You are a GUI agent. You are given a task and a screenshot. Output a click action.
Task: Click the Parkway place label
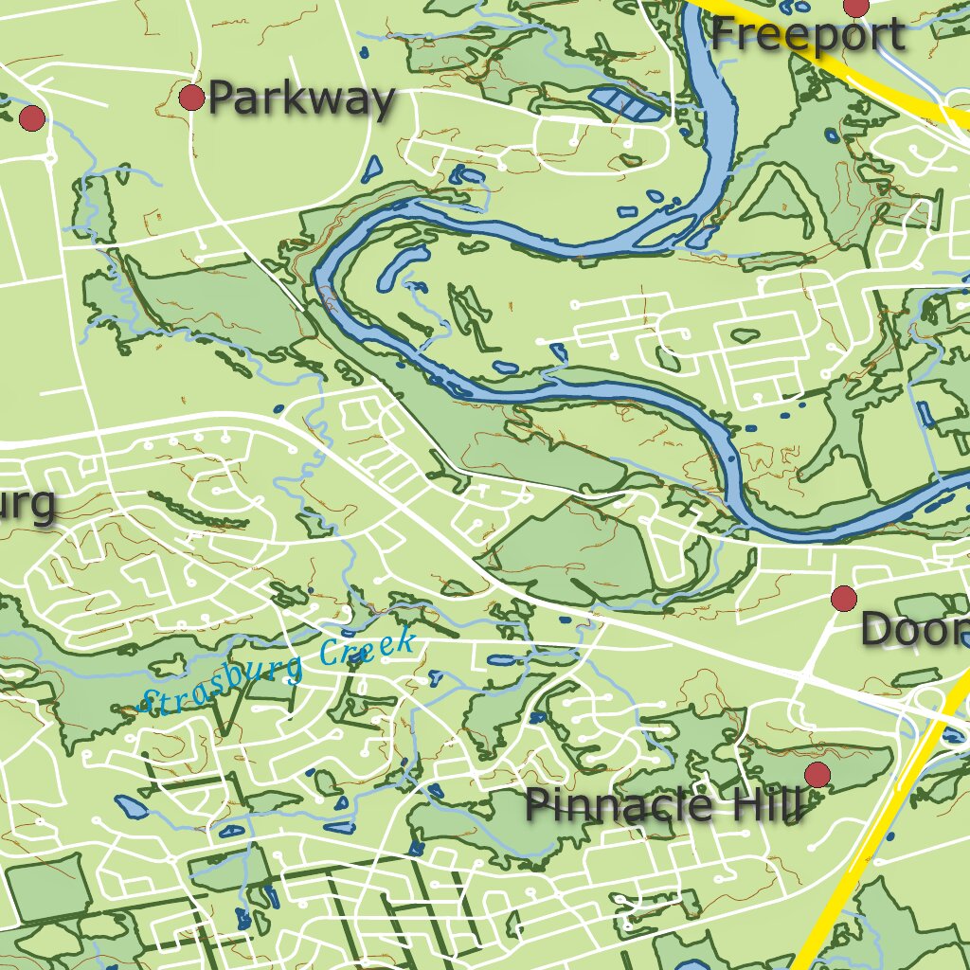point(300,99)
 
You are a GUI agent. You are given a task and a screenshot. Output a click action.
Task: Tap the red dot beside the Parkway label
point(191,97)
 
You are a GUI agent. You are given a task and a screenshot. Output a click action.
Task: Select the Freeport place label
point(807,36)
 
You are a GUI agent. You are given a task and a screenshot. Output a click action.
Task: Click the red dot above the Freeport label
point(856,7)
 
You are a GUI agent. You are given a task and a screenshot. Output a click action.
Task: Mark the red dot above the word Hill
point(817,775)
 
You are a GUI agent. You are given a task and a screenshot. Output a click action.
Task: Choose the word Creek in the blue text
point(368,649)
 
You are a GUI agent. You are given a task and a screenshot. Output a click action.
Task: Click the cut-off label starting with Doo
point(914,630)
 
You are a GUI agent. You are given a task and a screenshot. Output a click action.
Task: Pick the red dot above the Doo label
point(843,598)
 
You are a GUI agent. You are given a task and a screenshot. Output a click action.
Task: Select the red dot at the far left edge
point(32,118)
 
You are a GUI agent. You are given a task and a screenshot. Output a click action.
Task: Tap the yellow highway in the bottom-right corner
point(853,871)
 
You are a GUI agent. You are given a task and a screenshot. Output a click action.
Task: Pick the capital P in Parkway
point(220,99)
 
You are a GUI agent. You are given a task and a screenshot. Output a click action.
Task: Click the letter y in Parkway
point(379,102)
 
